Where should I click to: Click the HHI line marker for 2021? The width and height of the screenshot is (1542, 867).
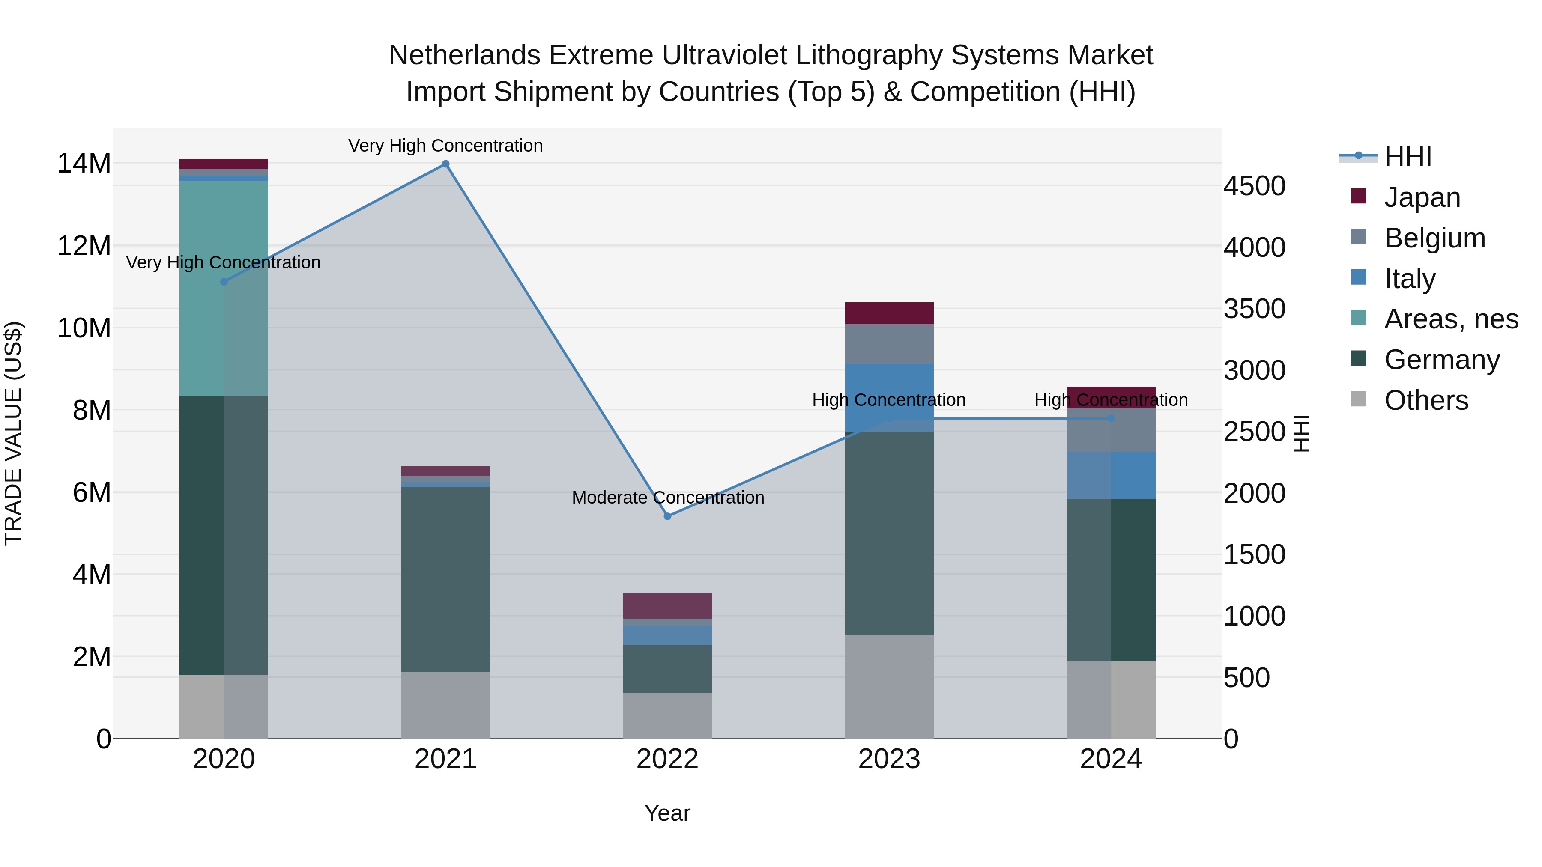pos(445,164)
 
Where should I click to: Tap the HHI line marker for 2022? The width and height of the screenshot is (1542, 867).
pos(667,516)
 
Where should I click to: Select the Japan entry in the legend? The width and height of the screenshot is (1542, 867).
pos(1422,197)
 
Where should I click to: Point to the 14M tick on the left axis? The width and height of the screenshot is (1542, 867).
pos(84,164)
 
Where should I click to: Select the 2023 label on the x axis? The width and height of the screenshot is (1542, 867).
pos(889,759)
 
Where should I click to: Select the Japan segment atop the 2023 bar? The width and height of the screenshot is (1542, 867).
pos(889,313)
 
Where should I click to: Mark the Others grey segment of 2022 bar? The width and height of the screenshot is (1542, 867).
pos(667,715)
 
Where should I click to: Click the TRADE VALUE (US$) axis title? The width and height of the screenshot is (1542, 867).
pos(13,433)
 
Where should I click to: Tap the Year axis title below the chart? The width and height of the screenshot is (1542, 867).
pos(667,813)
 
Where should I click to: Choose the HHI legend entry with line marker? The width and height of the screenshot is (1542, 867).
pos(1407,157)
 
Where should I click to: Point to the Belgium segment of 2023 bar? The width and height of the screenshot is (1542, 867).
pos(889,344)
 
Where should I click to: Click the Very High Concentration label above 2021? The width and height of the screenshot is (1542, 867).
pos(445,146)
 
